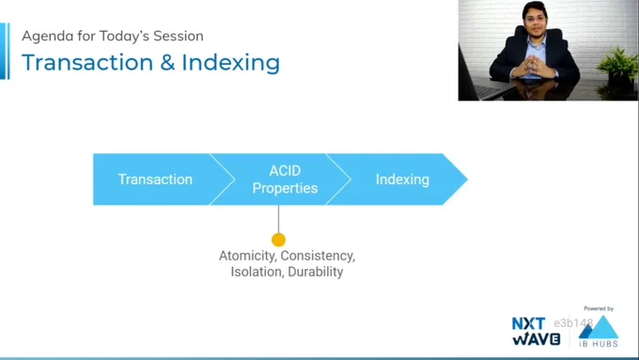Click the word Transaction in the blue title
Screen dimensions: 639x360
(87, 62)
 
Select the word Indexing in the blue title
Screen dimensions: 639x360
(230, 64)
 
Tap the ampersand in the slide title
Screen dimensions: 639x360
(167, 63)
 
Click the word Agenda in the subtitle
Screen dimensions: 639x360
(48, 37)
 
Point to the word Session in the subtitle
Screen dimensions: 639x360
(179, 36)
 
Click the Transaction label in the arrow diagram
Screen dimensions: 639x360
(155, 180)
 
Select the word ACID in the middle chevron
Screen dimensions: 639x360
(285, 170)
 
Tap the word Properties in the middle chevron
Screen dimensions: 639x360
(285, 188)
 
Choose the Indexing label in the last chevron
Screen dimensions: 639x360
(402, 180)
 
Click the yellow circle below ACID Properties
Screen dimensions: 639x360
(279, 240)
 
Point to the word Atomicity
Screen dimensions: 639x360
(248, 256)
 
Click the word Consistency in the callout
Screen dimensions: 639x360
(318, 256)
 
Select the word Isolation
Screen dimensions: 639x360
(257, 272)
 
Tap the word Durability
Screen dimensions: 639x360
(316, 272)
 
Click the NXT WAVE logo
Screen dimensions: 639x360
(536, 331)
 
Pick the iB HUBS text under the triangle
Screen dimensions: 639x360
(599, 344)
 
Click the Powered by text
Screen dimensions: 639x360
(599, 308)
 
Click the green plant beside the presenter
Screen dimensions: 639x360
(618, 65)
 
